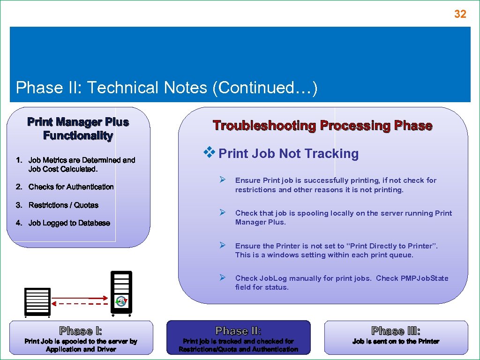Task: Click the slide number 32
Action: tap(460, 14)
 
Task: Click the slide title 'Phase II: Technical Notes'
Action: tap(166, 88)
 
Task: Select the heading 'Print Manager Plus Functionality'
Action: tap(78, 129)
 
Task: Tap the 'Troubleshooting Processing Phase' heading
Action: tap(322, 126)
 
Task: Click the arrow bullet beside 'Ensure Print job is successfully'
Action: tap(223, 180)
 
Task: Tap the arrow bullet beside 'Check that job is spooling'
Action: tap(223, 213)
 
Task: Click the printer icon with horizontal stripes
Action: tap(37, 300)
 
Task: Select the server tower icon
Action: tap(121, 292)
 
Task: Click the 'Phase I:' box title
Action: tap(81, 331)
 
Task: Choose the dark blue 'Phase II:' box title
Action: tap(238, 331)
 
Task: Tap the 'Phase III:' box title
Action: tap(396, 331)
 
